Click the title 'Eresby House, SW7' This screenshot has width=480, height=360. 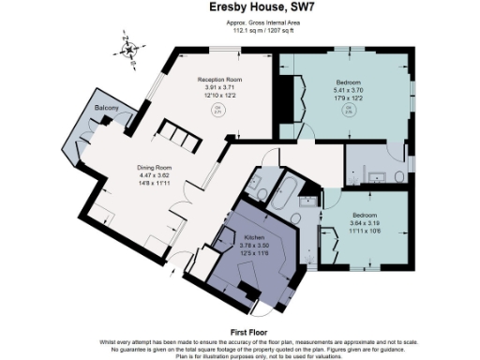239,7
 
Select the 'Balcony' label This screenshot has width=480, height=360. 106,110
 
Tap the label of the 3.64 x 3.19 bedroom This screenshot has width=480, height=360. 365,215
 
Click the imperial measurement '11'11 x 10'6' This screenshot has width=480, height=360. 365,230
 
